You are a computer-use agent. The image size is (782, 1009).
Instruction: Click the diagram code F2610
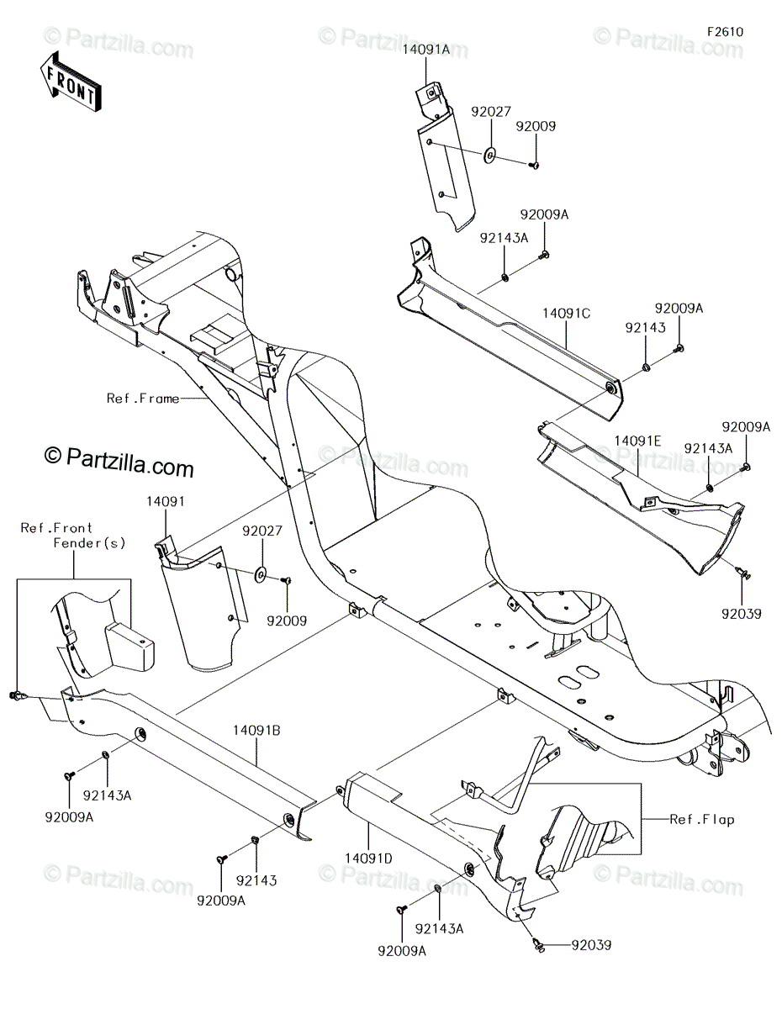click(x=725, y=32)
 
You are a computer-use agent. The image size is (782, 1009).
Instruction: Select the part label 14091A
click(x=426, y=50)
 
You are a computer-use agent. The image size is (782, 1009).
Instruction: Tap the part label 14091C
click(x=566, y=313)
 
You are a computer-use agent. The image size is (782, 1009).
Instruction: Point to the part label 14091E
click(x=637, y=440)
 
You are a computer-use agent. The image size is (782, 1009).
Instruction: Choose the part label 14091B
click(x=255, y=731)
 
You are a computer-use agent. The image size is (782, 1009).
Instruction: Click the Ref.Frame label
click(x=142, y=399)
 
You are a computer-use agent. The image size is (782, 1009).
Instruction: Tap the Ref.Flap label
click(x=702, y=819)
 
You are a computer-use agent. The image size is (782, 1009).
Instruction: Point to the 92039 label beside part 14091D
click(x=591, y=945)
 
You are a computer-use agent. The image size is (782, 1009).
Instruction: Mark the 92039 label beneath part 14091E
click(x=740, y=615)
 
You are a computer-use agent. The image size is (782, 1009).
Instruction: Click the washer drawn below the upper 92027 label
click(x=489, y=155)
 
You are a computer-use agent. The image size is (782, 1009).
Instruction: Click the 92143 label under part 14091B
click(x=256, y=880)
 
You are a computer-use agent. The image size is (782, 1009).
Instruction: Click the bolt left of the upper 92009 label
click(x=533, y=166)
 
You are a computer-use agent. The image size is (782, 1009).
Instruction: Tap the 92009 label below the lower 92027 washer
click(x=287, y=621)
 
